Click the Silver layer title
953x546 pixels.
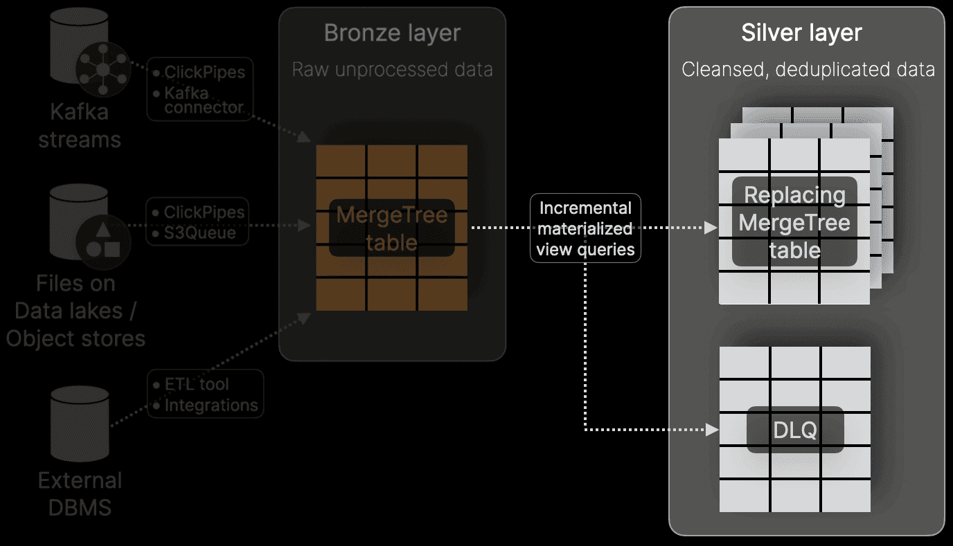[x=801, y=33]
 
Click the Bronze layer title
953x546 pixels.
[x=392, y=33]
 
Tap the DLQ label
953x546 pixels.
[x=795, y=430]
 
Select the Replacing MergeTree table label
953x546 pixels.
[x=794, y=223]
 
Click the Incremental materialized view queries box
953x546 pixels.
[x=586, y=229]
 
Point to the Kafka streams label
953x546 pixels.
[x=79, y=126]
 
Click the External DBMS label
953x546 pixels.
[x=80, y=494]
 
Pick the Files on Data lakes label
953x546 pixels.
[x=75, y=311]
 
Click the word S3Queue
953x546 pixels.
[x=200, y=233]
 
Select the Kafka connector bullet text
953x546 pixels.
[x=204, y=100]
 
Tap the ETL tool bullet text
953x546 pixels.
[x=197, y=385]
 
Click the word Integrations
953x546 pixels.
[x=211, y=406]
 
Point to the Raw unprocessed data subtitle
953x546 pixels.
[x=392, y=70]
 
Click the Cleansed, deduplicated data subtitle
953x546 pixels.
[x=808, y=70]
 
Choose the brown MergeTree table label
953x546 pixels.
[x=392, y=228]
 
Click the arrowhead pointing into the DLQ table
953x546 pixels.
[x=711, y=430]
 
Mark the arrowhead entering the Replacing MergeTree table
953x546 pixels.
[x=711, y=228]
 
